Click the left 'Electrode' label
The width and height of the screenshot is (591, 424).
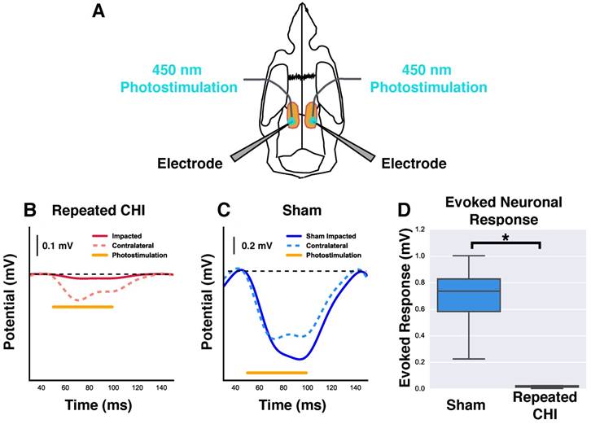(189, 164)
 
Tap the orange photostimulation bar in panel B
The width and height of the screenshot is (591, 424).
(82, 307)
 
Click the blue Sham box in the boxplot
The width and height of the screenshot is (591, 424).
(470, 295)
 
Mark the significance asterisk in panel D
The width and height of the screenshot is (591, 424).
(505, 236)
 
